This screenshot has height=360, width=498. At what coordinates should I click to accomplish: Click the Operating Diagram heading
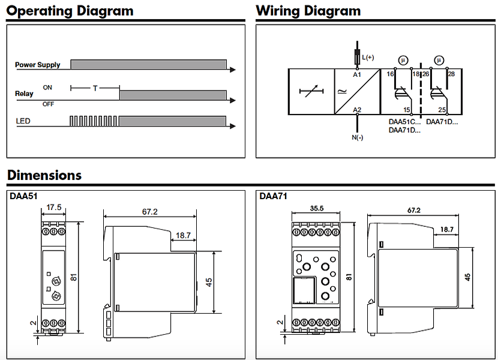tap(71, 11)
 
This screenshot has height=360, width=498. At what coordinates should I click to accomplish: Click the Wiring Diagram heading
tap(308, 11)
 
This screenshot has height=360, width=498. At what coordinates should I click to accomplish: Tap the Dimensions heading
tap(44, 175)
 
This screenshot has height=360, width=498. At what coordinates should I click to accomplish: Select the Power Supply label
tap(38, 65)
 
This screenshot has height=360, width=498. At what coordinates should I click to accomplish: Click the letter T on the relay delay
tap(95, 88)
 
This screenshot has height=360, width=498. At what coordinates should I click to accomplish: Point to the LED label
tap(23, 121)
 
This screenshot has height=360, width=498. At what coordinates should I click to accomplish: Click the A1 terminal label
tap(357, 75)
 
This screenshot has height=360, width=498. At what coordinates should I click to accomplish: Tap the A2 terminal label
tap(357, 109)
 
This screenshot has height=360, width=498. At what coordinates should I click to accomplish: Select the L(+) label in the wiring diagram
tap(368, 57)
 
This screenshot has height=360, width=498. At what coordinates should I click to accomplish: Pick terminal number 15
tap(407, 110)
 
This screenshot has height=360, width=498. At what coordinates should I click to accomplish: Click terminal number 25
tap(442, 110)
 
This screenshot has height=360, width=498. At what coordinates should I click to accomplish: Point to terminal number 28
tap(451, 74)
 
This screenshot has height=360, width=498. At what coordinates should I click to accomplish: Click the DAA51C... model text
tap(405, 122)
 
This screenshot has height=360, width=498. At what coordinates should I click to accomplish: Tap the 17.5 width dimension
tap(54, 207)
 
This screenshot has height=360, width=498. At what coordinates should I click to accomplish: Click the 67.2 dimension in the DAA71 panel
tap(414, 211)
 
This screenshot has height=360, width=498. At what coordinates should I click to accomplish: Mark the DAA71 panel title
tap(273, 196)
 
